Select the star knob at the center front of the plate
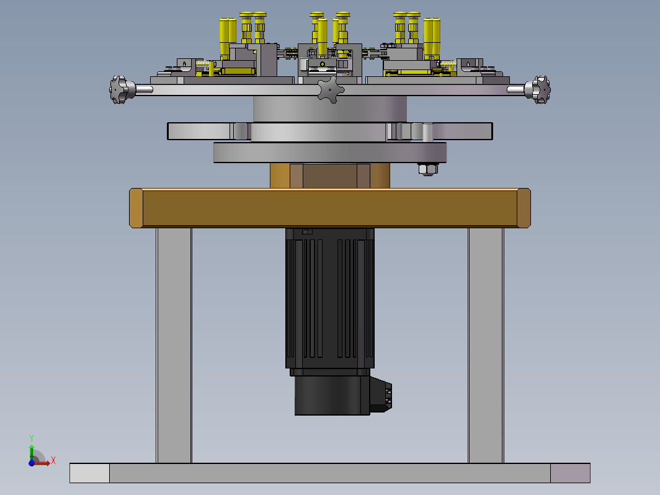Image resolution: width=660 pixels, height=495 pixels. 331,90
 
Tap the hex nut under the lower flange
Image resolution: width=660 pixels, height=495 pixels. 427,169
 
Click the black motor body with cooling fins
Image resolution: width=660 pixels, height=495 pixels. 329,298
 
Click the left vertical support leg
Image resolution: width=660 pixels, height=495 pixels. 174,345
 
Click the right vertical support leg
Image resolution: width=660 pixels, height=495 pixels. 486,345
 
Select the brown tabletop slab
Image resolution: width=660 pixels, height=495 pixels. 330,208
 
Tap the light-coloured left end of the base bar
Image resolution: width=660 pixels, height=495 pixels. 90,473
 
